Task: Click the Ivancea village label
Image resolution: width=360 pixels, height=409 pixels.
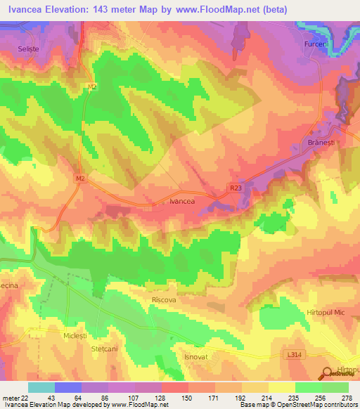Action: click(x=181, y=201)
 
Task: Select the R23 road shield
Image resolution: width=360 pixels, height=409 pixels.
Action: click(x=236, y=187)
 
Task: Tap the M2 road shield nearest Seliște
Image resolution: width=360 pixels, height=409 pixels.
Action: click(x=92, y=86)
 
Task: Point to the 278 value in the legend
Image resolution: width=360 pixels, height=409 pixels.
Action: click(x=347, y=398)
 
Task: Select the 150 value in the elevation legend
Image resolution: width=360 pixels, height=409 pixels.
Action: click(x=168, y=398)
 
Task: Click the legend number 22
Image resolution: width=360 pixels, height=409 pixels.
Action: click(x=23, y=398)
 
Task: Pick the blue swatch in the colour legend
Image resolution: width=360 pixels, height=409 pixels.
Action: click(x=67, y=387)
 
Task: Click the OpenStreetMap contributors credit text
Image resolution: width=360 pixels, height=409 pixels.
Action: click(x=322, y=405)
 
